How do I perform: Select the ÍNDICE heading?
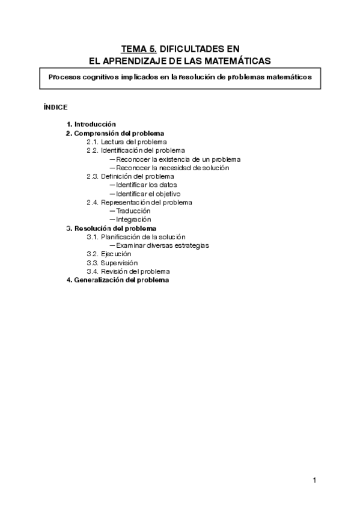tap(55, 107)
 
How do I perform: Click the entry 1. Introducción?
tap(91, 124)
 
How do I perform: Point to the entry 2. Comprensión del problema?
tap(115, 133)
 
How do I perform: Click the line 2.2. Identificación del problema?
tap(143, 150)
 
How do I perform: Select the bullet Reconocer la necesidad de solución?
tap(172, 168)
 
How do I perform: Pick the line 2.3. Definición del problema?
tap(138, 176)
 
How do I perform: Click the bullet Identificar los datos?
tap(146, 185)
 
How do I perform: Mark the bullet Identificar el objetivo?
tap(148, 194)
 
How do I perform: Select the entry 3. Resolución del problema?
tap(111, 229)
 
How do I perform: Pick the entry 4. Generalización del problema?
tap(118, 280)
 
